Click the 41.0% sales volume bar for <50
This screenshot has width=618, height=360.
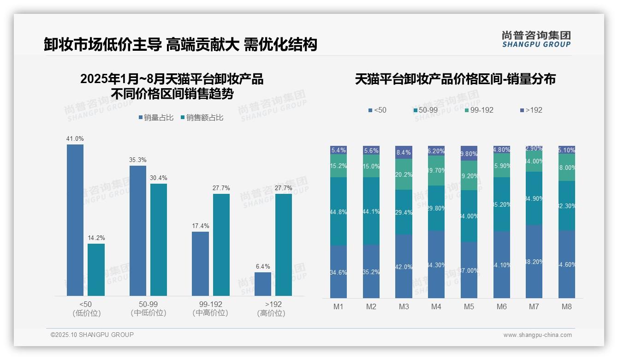(75, 220)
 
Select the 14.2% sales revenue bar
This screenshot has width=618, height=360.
(96, 270)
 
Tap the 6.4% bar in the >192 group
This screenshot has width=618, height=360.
(263, 284)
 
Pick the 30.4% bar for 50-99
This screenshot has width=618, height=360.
(159, 240)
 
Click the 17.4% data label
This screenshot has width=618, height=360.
(201, 226)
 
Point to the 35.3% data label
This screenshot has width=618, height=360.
(138, 160)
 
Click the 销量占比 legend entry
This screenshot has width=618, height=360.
(156, 118)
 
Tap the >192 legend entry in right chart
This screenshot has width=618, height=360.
(531, 110)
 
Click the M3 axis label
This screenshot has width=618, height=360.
(404, 306)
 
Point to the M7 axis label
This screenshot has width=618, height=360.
(534, 306)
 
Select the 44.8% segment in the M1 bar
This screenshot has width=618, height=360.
(339, 211)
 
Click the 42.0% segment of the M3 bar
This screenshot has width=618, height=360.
(404, 266)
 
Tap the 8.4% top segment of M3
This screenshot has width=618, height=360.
(404, 152)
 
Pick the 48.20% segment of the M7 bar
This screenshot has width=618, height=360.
(534, 261)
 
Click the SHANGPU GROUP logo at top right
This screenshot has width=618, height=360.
(536, 39)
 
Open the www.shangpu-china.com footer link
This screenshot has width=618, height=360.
(537, 335)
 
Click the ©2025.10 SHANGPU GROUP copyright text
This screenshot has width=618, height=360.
(92, 335)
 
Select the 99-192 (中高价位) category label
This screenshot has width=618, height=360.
(210, 308)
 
